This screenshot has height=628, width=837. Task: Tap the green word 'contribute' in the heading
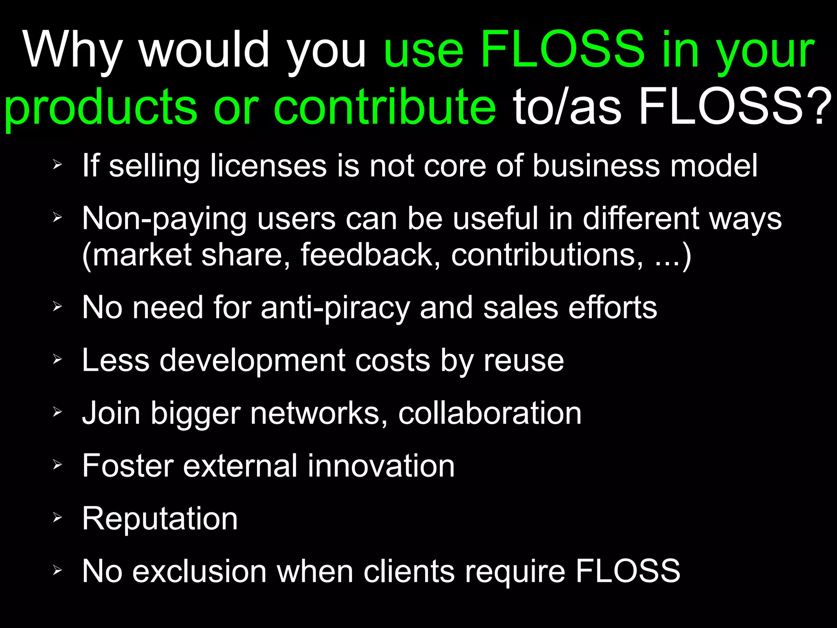tap(385, 107)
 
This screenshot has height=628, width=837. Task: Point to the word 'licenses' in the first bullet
tap(268, 166)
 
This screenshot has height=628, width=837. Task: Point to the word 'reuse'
tap(524, 361)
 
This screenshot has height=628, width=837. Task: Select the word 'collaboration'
tap(490, 413)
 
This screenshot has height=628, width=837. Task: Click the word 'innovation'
tap(381, 466)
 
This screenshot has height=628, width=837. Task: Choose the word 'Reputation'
tap(160, 519)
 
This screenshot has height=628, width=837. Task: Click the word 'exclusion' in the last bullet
tap(199, 571)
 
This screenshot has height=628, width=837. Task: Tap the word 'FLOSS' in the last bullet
tap(628, 571)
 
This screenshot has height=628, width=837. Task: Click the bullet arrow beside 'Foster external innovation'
tap(57, 464)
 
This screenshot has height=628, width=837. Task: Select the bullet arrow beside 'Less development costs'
tap(57, 359)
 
